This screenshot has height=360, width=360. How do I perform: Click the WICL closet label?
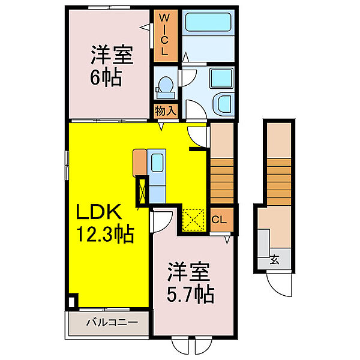[164, 34]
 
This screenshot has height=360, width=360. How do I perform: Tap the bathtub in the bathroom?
[208, 22]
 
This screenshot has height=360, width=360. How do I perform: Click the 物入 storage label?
[166, 111]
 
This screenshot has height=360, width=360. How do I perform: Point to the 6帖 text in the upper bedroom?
[106, 77]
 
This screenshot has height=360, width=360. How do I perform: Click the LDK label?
[99, 212]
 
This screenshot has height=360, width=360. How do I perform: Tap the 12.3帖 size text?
[105, 235]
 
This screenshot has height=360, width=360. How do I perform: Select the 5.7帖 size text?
[190, 295]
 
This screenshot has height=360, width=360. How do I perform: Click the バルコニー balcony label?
[112, 323]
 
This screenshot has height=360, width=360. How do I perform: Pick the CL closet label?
[219, 220]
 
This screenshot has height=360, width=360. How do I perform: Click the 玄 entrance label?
[275, 260]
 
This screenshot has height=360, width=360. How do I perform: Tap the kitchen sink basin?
[157, 163]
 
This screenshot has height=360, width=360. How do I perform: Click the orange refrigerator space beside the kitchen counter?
[140, 163]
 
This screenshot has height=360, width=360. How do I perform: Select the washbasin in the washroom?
[222, 104]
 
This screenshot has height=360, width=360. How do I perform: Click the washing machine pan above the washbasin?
[221, 78]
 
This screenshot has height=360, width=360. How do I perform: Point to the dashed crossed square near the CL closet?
[193, 220]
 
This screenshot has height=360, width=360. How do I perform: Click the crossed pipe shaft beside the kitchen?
[142, 190]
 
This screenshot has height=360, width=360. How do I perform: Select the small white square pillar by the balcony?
[72, 302]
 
